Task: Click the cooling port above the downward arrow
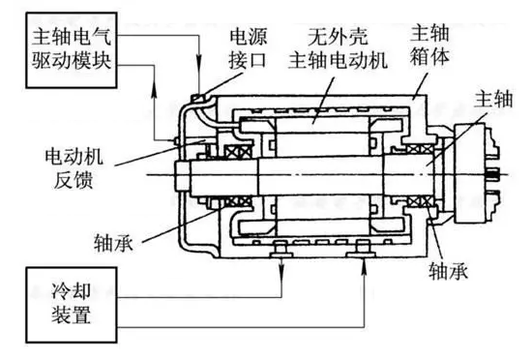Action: point(281,251)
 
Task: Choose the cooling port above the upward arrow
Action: point(365,251)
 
